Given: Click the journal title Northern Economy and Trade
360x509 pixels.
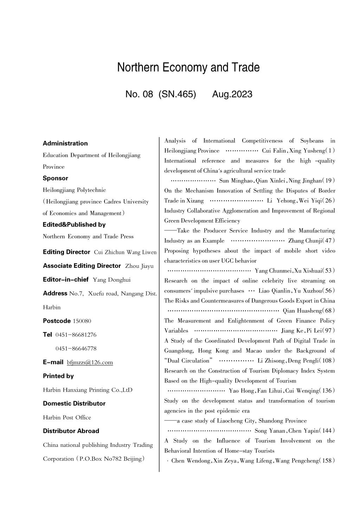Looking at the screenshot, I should click(188, 67).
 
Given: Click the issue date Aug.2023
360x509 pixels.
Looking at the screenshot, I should click(232, 94).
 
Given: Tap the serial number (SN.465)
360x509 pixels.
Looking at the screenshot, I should click(177, 94).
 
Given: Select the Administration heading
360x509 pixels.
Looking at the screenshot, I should click(65, 143).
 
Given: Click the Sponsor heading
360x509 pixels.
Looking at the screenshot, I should click(56, 178).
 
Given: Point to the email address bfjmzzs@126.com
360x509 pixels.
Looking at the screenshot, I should click(90, 362).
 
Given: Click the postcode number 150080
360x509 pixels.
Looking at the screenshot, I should click(82, 321).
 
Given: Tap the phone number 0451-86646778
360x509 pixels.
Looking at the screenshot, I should click(76, 348).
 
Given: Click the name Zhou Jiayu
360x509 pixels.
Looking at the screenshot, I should click(139, 266).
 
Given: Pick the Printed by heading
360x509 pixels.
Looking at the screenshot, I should click(58, 376).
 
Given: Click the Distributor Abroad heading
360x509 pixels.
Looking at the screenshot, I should click(71, 431).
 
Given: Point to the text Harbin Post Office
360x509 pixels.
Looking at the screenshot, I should click(67, 418).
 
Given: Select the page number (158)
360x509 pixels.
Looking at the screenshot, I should click(327, 461).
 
